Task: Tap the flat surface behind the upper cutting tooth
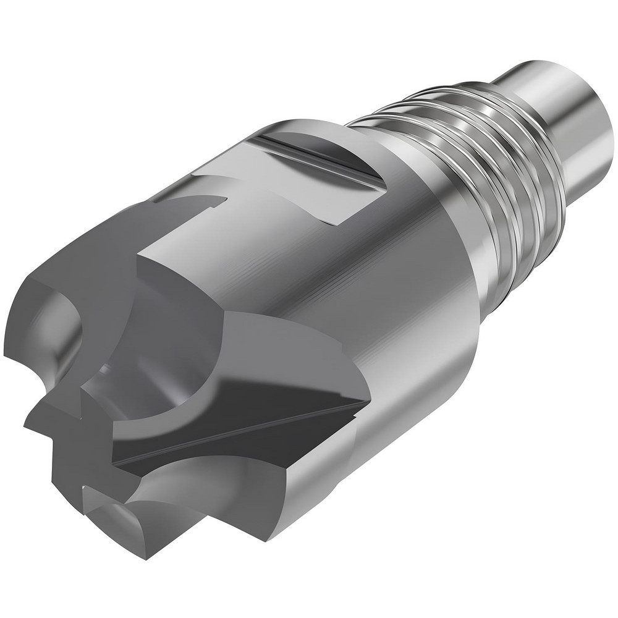185,272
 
